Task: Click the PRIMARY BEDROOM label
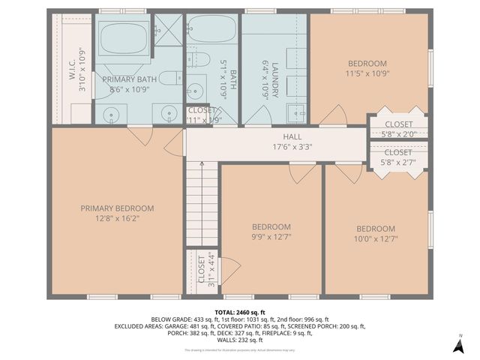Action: click(117, 208)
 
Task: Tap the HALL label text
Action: click(292, 137)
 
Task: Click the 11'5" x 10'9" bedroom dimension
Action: click(367, 74)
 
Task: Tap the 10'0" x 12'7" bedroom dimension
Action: click(375, 240)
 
